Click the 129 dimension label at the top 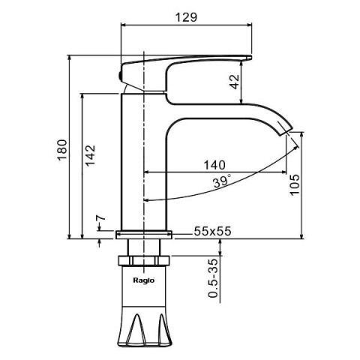186,17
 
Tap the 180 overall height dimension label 62,150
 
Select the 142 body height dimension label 90,155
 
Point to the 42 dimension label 235,82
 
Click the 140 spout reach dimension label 214,165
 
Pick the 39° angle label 222,181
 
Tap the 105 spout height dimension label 294,184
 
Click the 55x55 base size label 212,231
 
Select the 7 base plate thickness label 101,218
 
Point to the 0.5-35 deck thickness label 213,278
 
